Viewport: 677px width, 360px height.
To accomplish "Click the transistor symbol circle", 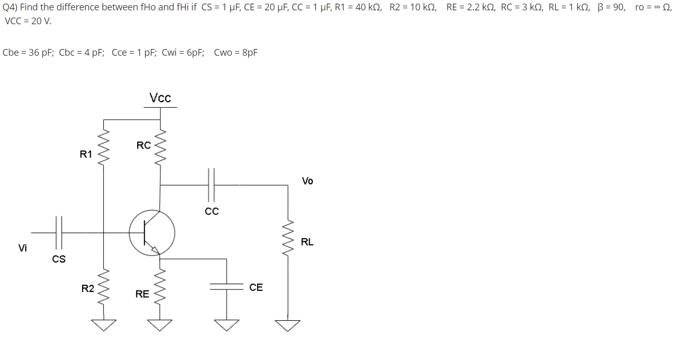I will [x=152, y=233].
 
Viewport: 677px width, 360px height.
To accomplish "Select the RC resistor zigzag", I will [x=162, y=146].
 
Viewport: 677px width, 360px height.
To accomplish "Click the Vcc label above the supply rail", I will [x=160, y=98].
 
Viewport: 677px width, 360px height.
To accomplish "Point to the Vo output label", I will [x=308, y=181].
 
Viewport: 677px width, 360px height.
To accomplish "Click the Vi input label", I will [x=23, y=248].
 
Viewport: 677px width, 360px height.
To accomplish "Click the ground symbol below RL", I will [x=288, y=325].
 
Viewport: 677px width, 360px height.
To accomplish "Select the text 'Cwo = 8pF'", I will [x=236, y=53].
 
